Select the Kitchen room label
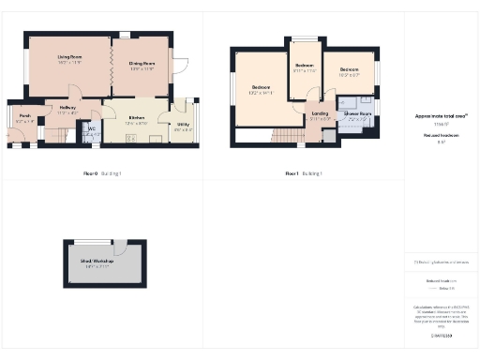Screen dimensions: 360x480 coord(137,118)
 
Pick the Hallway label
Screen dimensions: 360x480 coord(67,108)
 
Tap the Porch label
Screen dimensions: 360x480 coord(24,117)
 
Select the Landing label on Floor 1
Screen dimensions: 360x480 coord(320,115)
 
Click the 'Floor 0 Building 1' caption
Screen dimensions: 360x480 coord(103,173)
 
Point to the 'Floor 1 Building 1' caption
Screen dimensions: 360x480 coord(305,173)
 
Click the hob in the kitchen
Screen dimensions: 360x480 coord(130,138)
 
